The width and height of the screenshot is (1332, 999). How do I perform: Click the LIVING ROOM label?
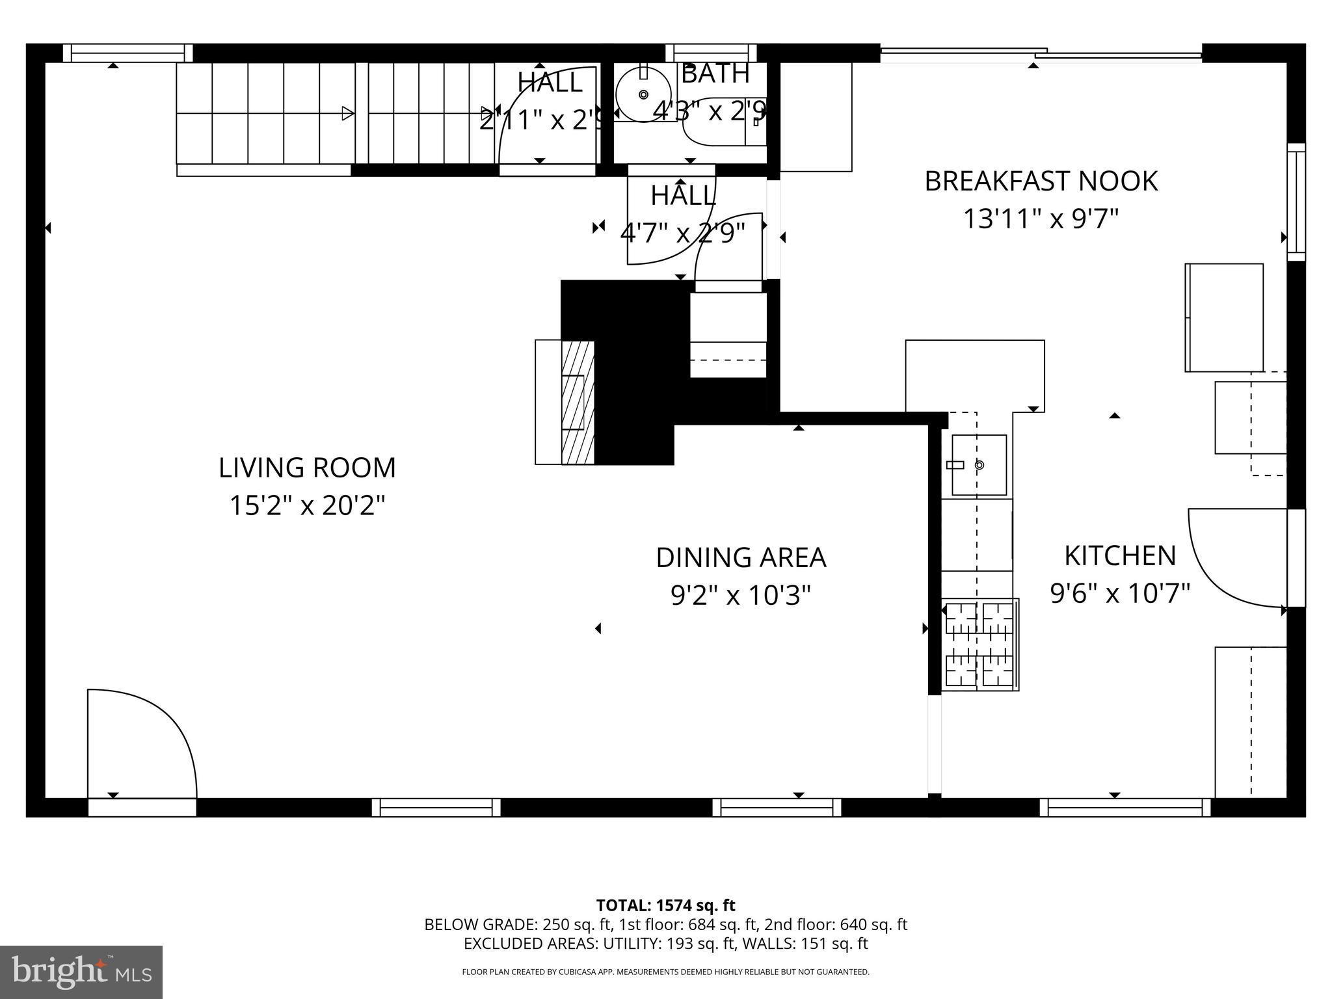(x=307, y=468)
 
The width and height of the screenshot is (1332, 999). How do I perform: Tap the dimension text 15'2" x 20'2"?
(x=307, y=505)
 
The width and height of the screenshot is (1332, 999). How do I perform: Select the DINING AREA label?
(x=741, y=557)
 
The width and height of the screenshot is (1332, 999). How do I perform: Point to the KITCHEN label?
(x=1120, y=555)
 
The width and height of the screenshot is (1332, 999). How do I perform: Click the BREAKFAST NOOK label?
(x=1041, y=181)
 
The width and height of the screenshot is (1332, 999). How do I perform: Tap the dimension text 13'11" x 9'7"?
(x=1041, y=219)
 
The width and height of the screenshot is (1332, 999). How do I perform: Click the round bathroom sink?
(x=643, y=95)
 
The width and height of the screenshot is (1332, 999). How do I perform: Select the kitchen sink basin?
(x=979, y=465)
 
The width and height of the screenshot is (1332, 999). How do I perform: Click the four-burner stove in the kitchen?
(x=979, y=645)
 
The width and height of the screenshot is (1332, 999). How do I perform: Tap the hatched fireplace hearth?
(x=578, y=402)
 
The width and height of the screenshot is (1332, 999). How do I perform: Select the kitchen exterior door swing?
(x=1236, y=556)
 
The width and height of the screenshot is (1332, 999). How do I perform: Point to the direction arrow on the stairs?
(x=348, y=113)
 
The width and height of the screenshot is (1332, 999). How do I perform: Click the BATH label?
(x=715, y=73)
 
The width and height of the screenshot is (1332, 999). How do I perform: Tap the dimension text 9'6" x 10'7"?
(x=1120, y=593)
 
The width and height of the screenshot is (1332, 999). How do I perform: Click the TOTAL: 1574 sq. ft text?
(x=665, y=905)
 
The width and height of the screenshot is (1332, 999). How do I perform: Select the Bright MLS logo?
(x=81, y=972)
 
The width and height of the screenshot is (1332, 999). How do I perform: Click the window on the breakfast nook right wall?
(x=1296, y=202)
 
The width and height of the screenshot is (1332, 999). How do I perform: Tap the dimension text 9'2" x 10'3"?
(x=741, y=595)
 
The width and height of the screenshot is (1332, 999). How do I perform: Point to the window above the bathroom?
(x=711, y=53)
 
